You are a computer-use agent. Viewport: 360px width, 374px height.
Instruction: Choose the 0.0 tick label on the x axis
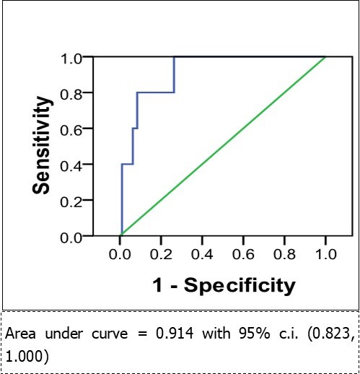click(120, 254)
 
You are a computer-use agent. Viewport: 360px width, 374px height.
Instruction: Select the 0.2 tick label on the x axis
click(162, 254)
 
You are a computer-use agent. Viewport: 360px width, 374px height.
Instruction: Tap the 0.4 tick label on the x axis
click(203, 254)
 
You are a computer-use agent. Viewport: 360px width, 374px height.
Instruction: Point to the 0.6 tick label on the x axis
click(244, 254)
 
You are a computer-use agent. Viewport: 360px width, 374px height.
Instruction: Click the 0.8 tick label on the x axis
click(285, 254)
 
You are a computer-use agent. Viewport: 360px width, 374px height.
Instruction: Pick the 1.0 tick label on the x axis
click(325, 254)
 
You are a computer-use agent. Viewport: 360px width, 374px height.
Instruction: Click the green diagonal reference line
click(224, 147)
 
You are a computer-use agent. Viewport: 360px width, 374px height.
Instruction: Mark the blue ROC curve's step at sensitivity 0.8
click(155, 92)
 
